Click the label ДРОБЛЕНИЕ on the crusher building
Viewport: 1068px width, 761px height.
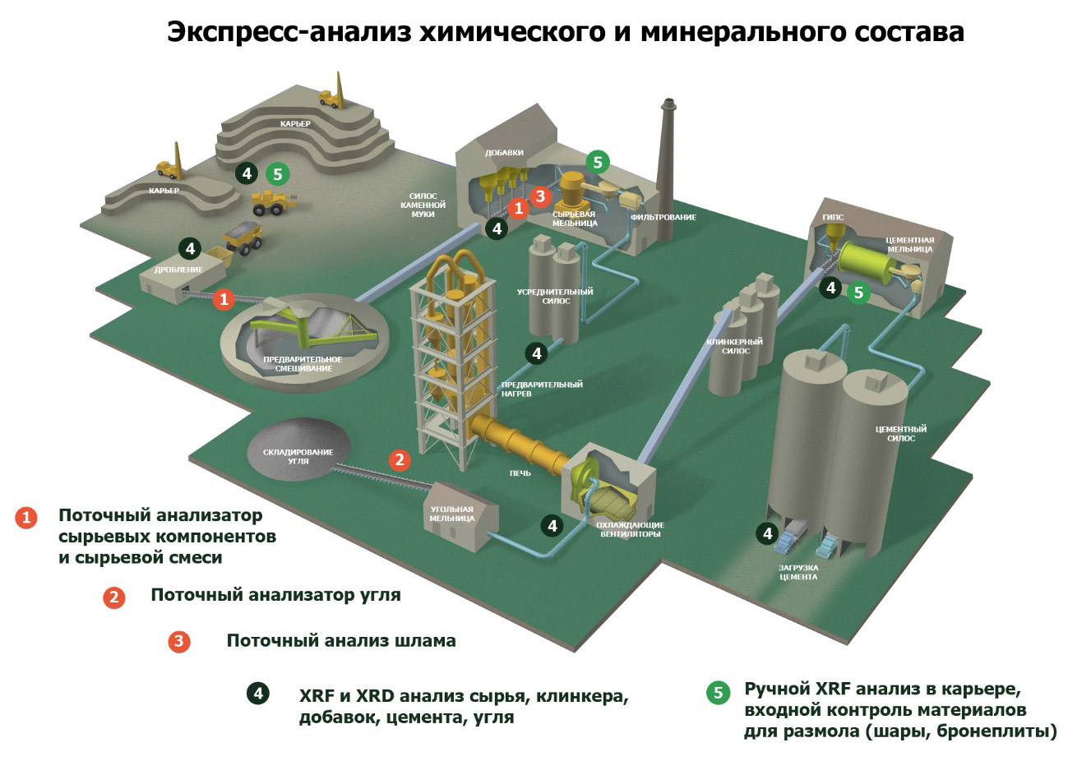[x=178, y=270]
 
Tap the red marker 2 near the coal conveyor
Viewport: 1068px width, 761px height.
[x=400, y=459]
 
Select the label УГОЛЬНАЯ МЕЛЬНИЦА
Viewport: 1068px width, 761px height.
[x=452, y=514]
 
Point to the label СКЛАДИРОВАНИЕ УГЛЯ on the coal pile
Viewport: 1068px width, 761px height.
[x=298, y=456]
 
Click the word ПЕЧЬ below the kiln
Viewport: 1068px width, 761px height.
[x=520, y=473]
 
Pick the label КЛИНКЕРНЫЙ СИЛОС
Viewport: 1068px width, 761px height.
[x=735, y=346]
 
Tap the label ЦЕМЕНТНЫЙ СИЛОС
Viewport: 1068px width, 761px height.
[x=901, y=433]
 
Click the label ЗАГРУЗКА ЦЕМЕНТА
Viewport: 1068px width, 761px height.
[x=798, y=572]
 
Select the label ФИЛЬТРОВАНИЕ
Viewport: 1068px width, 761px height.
[x=663, y=217]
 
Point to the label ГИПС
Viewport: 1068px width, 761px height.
[x=833, y=218]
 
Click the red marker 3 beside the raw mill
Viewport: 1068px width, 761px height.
[x=539, y=196]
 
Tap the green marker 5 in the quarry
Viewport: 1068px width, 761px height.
[x=278, y=174]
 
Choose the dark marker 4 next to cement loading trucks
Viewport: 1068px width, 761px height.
[x=767, y=533]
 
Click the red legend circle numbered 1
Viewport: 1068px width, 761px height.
[x=26, y=517]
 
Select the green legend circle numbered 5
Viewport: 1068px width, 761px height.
[x=718, y=693]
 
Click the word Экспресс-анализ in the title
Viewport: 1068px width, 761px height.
[x=290, y=32]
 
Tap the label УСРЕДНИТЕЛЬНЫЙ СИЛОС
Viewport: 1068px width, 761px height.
[x=555, y=296]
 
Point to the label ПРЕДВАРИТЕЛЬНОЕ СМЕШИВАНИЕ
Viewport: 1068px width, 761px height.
[x=303, y=364]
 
